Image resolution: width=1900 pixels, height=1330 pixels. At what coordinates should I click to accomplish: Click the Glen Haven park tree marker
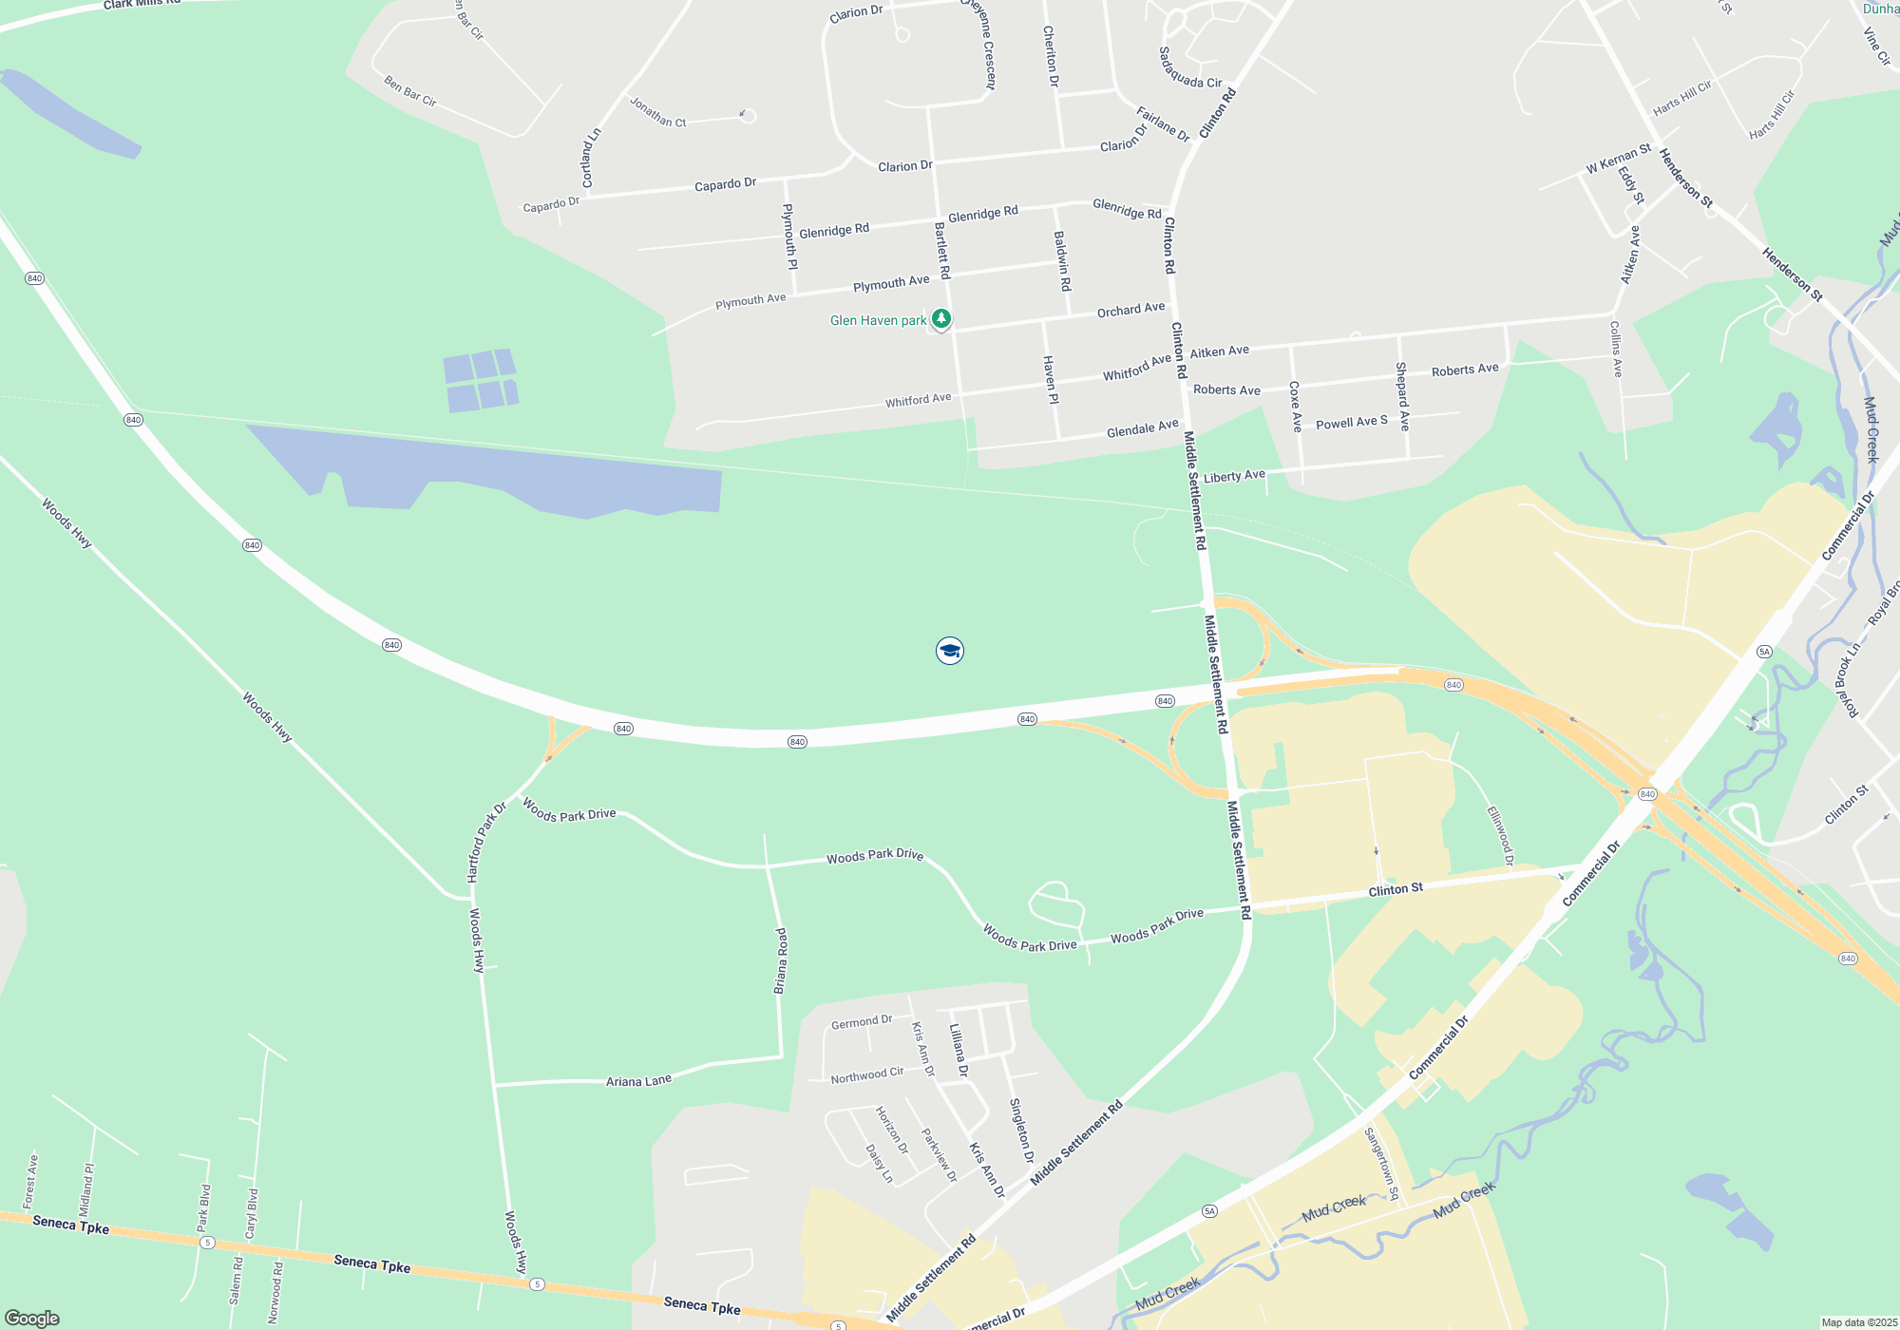(940, 319)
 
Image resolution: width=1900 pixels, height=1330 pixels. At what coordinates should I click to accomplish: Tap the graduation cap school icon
(949, 651)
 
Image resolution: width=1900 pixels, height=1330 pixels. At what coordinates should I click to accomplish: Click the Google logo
(32, 1318)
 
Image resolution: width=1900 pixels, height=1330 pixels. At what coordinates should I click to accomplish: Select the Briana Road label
(781, 960)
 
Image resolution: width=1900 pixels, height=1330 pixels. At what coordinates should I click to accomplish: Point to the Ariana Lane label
(638, 1081)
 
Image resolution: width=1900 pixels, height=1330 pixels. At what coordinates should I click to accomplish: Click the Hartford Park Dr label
(486, 842)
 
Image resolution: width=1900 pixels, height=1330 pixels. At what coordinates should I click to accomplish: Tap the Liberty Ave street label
(1234, 476)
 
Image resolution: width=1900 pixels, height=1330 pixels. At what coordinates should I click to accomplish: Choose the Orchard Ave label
(1130, 310)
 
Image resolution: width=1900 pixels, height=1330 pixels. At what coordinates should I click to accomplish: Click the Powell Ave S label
(1351, 422)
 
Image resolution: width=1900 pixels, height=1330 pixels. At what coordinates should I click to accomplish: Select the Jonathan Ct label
(657, 112)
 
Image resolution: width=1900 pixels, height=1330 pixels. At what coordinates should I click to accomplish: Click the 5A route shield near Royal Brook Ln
(1764, 651)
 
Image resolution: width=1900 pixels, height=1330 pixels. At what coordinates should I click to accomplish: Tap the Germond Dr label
(862, 1022)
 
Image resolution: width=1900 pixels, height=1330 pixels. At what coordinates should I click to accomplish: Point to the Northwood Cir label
(866, 1075)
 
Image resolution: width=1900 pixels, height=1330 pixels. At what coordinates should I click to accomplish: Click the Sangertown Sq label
(1381, 1163)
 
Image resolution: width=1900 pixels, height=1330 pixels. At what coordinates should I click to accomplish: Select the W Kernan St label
(1618, 160)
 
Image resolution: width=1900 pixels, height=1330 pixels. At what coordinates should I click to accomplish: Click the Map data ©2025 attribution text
(1859, 1322)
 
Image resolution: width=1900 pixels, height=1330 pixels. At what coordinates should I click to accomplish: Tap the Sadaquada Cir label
(1189, 68)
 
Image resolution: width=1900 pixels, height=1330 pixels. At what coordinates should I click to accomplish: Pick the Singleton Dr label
(1021, 1130)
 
